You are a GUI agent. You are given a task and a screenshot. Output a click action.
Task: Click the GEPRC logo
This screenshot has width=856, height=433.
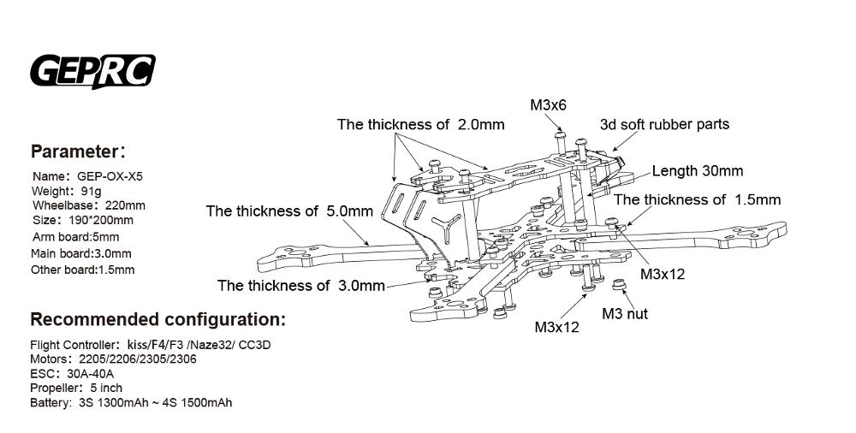tap(92, 72)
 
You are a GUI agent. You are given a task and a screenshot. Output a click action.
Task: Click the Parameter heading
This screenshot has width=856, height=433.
tap(78, 152)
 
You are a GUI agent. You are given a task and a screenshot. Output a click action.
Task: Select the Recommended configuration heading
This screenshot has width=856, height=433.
tap(158, 320)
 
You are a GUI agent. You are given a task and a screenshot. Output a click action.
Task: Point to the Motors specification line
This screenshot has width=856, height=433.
tap(113, 359)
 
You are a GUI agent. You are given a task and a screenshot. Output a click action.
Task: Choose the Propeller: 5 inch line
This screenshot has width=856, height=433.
tap(75, 389)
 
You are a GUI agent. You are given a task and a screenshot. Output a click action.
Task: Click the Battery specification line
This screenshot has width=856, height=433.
tap(130, 403)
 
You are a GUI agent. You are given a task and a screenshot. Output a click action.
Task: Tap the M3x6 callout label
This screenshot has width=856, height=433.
tap(549, 105)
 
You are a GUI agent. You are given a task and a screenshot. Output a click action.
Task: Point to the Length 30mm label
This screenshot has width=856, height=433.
tap(697, 171)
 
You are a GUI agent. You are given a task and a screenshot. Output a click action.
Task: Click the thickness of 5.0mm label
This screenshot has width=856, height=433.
tap(289, 211)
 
